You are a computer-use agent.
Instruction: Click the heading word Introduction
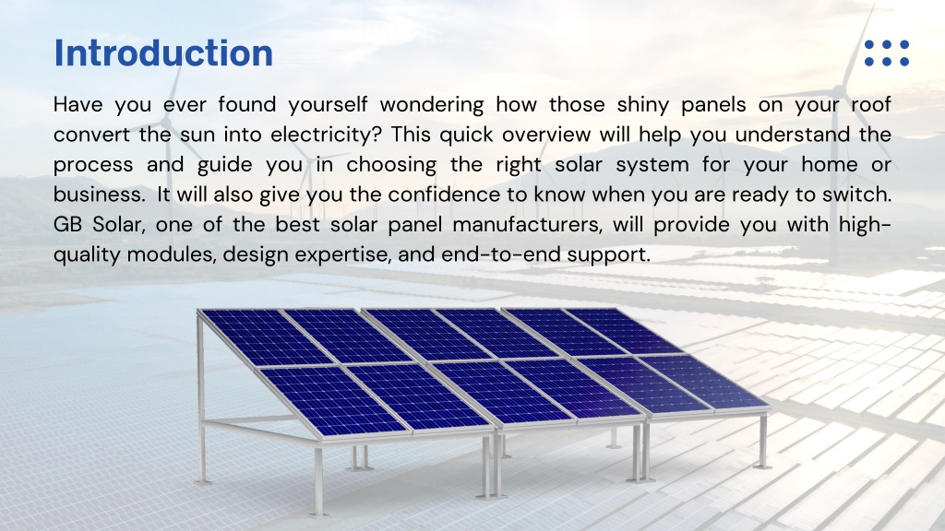[163, 53]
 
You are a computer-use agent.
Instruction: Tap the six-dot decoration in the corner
[887, 53]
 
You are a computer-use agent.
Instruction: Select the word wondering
[432, 105]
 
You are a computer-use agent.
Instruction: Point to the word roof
[871, 104]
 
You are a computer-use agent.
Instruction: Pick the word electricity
[326, 135]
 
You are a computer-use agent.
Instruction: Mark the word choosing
[391, 165]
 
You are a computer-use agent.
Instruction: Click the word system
[652, 165]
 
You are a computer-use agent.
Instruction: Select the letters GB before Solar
[67, 225]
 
